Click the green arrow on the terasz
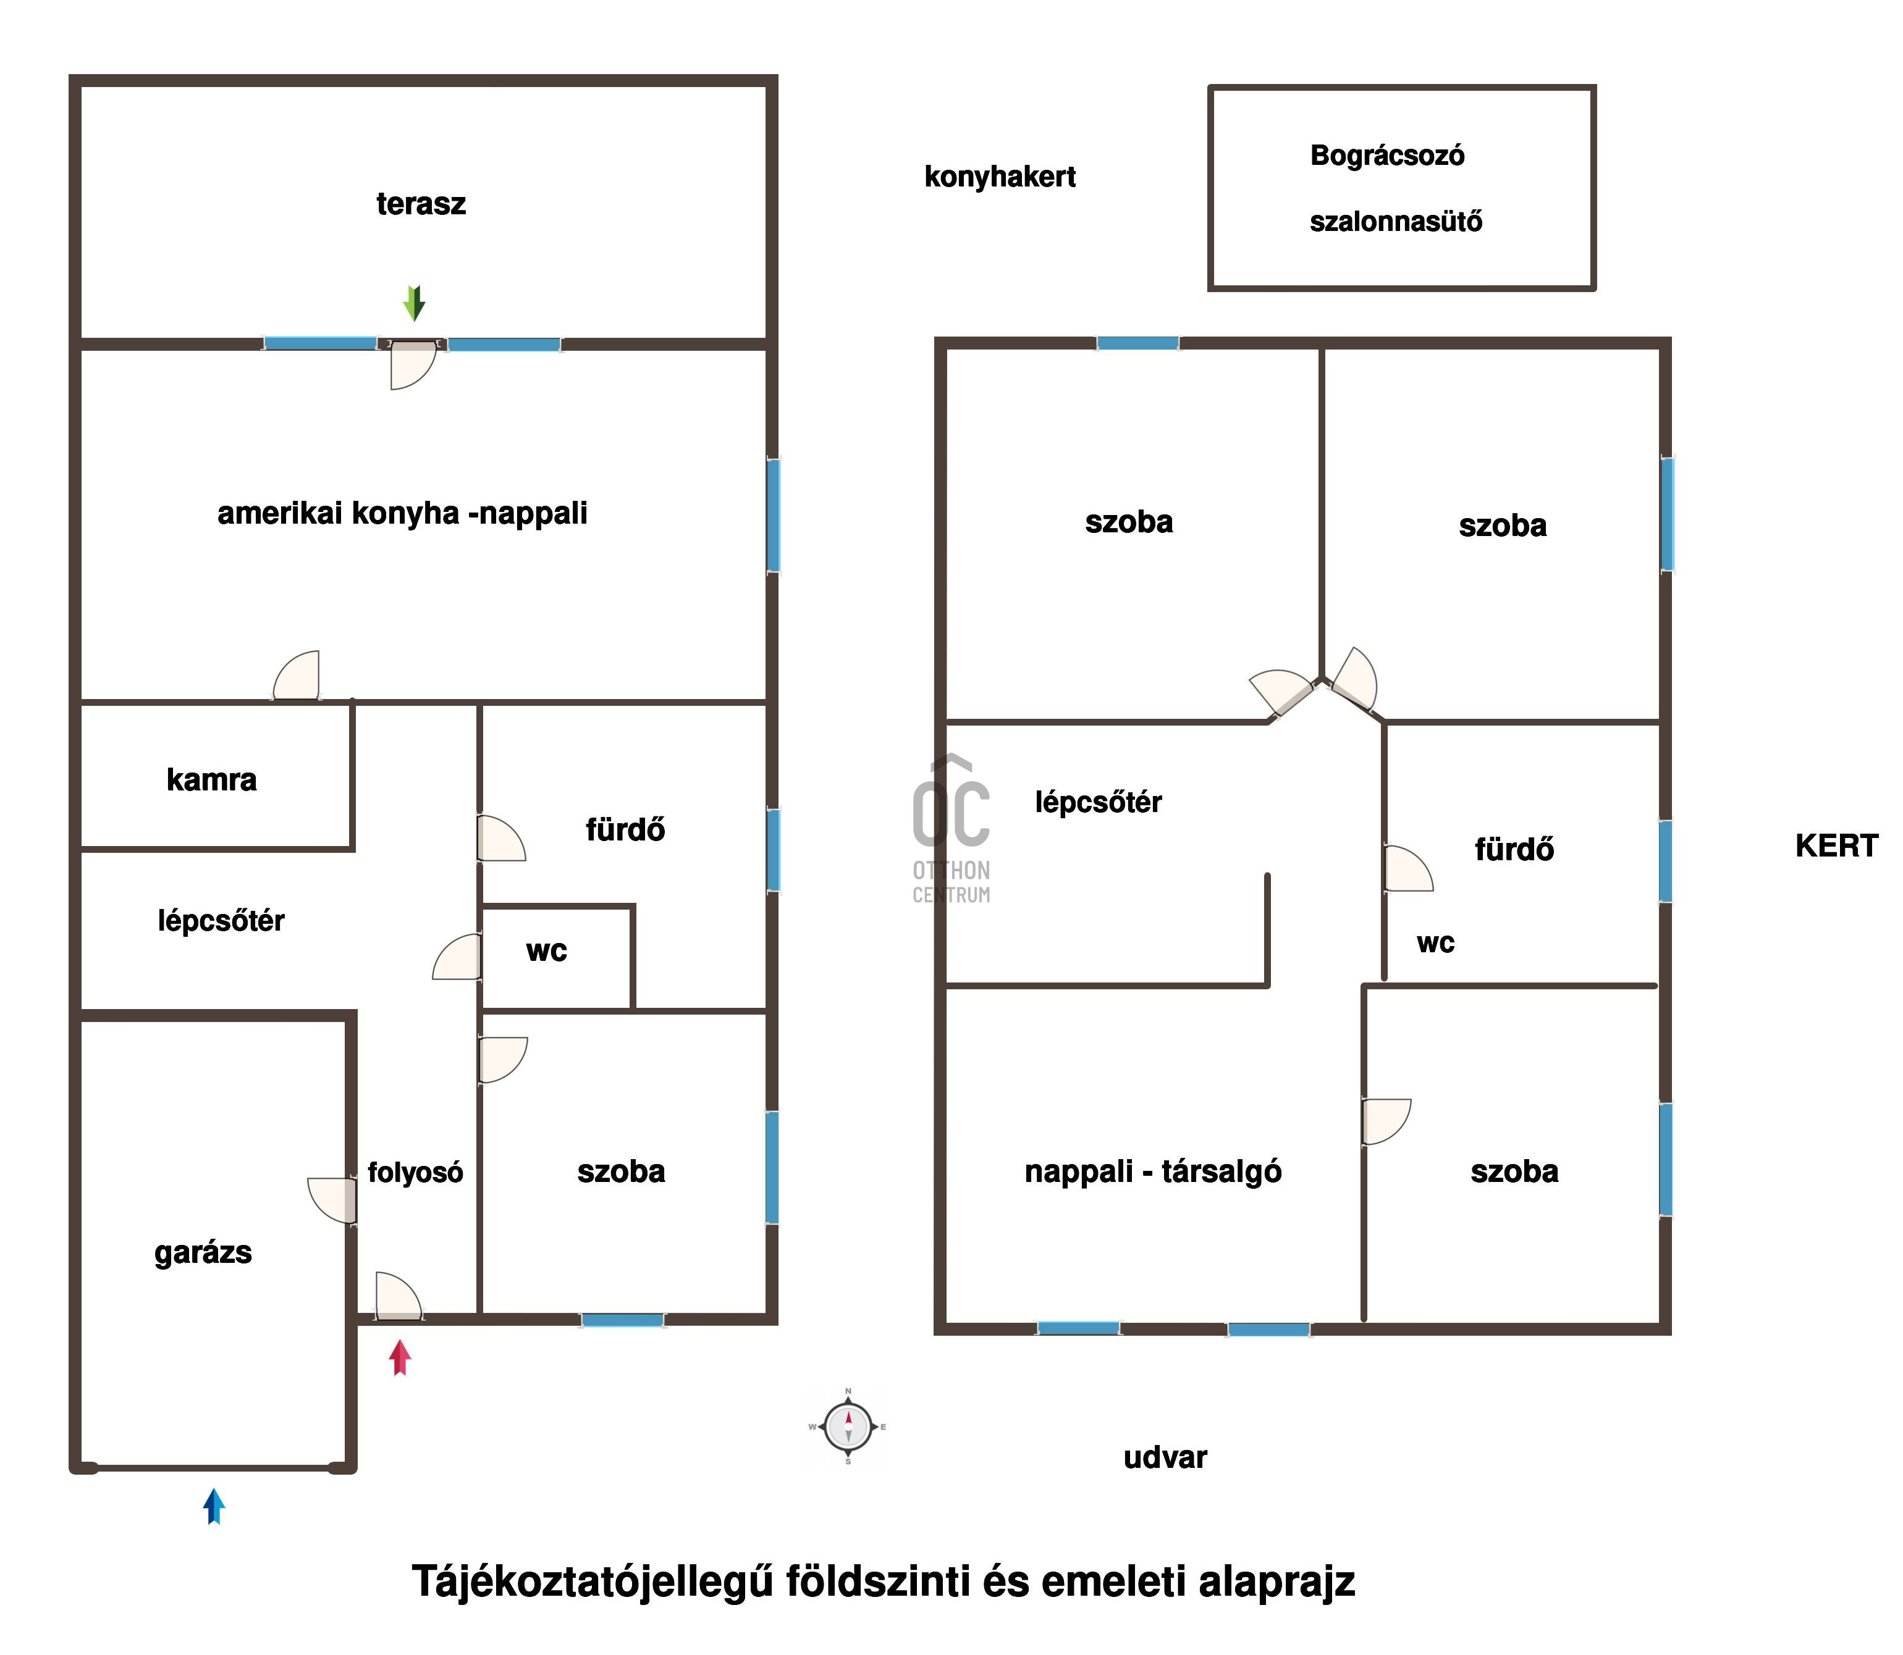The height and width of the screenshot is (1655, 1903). [x=414, y=303]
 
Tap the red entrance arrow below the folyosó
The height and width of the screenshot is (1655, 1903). [x=400, y=1357]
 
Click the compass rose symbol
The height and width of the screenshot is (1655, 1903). [x=848, y=1427]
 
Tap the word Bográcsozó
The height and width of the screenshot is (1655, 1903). [x=1386, y=155]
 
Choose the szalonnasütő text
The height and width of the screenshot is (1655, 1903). [x=1395, y=222]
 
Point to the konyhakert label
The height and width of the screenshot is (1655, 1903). [x=1000, y=177]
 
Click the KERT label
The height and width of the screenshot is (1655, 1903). [x=1836, y=846]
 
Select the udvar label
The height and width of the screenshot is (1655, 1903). [x=1165, y=1457]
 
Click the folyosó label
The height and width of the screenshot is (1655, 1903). [x=415, y=1173]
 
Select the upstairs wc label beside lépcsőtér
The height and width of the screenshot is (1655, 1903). [x=1435, y=943]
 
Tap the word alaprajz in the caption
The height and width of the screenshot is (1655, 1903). [x=1276, y=1581]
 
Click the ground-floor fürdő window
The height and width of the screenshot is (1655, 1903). [x=773, y=850]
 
